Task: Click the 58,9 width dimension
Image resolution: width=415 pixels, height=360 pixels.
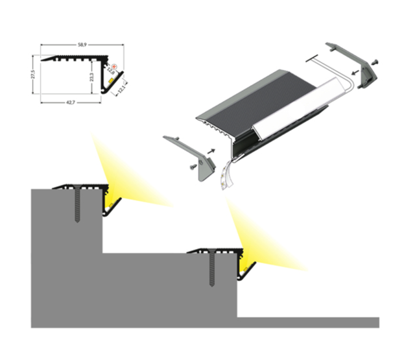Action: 82,45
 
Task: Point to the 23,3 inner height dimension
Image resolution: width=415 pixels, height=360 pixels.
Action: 92,77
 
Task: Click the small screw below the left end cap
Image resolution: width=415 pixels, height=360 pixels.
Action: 191,167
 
